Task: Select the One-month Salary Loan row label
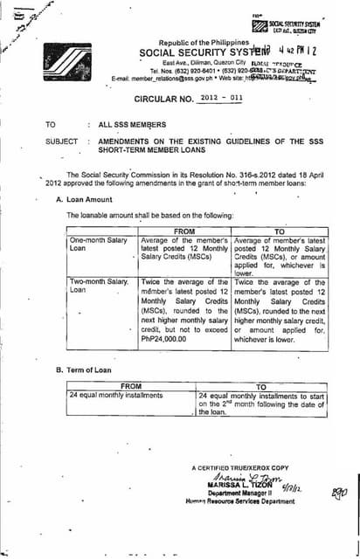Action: coord(92,244)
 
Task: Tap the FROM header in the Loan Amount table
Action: coord(184,231)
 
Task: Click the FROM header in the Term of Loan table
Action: coord(131,385)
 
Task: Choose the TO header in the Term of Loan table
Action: coord(261,385)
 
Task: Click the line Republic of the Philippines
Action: coord(204,42)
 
